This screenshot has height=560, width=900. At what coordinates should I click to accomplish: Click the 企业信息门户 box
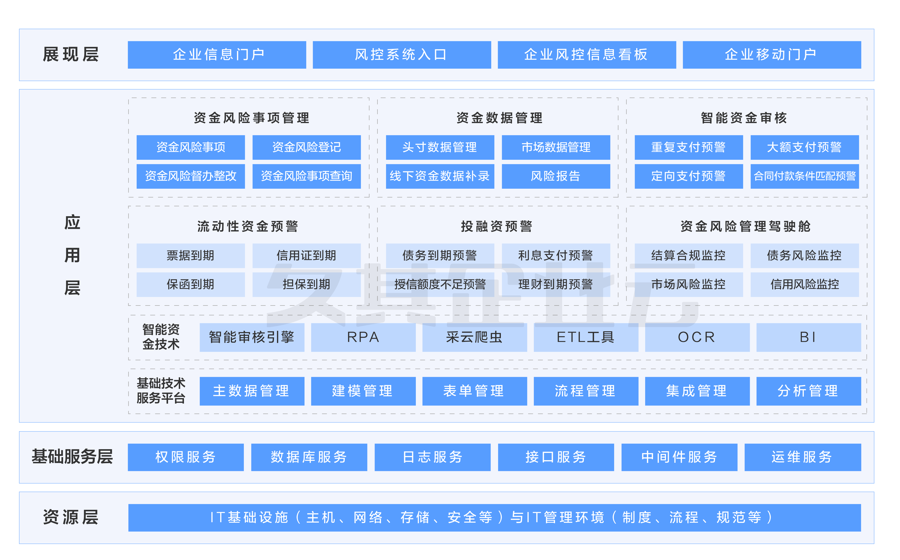(217, 55)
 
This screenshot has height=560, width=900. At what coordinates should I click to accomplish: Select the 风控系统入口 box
(402, 55)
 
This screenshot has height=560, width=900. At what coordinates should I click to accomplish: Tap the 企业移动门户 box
(772, 55)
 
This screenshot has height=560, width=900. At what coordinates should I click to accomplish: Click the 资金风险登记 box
(306, 148)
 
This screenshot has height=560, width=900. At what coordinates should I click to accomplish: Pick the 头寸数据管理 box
(440, 148)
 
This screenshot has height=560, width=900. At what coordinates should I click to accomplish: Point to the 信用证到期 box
(306, 256)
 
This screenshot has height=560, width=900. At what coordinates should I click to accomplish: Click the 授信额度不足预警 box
(440, 284)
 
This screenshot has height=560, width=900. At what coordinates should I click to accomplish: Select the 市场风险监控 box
(689, 284)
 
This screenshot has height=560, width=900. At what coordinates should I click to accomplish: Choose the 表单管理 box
(475, 391)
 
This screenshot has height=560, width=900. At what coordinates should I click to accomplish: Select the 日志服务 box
(433, 457)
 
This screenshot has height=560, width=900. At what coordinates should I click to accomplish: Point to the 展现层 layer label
(71, 55)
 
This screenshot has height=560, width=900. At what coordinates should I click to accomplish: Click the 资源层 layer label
(71, 517)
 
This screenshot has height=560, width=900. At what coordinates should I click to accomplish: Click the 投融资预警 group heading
(497, 226)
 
